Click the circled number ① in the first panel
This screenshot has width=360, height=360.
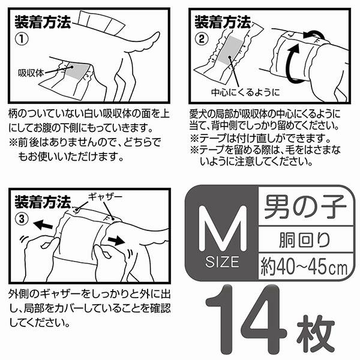click(22, 39)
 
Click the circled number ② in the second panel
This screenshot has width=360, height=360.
click(202, 38)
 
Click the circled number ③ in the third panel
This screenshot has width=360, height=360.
click(22, 219)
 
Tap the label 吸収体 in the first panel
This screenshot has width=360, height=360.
click(31, 73)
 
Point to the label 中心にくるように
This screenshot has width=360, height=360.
click(245, 92)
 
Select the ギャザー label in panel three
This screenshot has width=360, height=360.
click(105, 197)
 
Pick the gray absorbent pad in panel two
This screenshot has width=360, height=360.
click(230, 50)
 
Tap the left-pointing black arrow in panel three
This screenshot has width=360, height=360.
click(43, 224)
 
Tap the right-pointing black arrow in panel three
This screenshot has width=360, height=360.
click(116, 241)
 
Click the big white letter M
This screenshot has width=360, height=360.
click(223, 228)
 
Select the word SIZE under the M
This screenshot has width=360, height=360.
click(222, 262)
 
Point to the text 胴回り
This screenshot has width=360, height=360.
click(305, 240)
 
